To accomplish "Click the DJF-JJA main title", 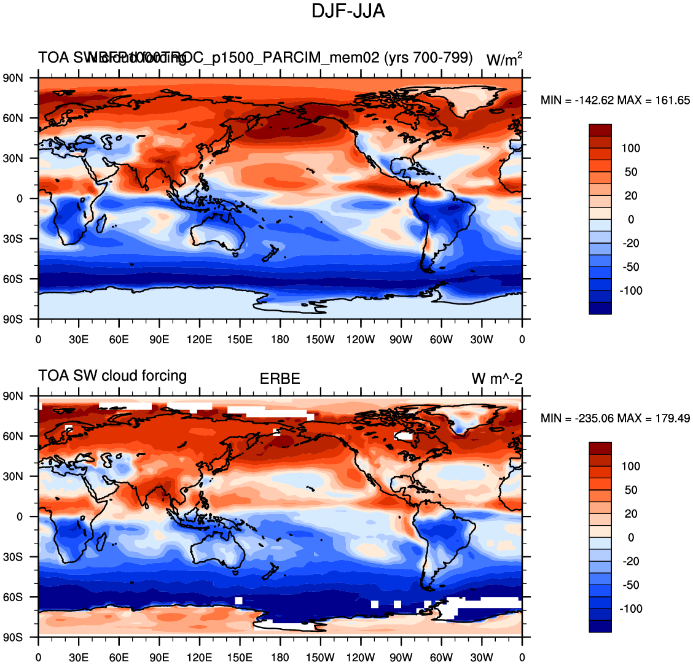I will point(348,11).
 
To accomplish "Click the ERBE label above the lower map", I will point(280,379).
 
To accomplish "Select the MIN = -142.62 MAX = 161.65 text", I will point(615,101).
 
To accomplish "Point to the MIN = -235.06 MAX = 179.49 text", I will point(615,419).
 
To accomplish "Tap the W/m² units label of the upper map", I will point(504,60).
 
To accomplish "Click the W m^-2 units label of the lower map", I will point(497,379).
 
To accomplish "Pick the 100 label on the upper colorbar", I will point(631,149).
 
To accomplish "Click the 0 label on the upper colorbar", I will point(631,220).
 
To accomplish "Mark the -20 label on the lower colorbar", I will point(631,562).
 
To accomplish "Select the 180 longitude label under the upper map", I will point(280,340).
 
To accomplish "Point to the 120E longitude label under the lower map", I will point(200,658).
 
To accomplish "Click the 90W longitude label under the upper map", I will point(401,340).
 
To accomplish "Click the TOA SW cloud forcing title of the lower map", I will point(112,376).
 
